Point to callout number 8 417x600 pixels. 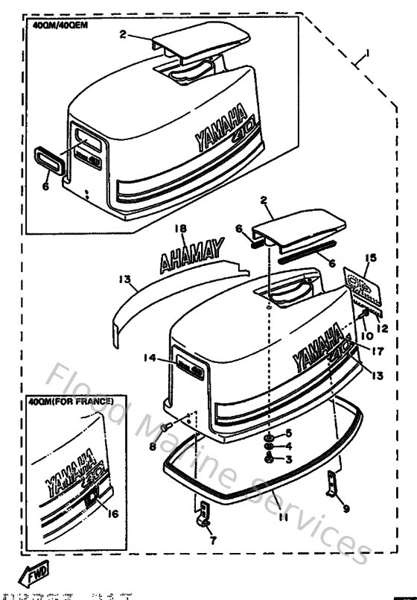click(153, 448)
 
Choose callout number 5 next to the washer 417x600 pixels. click(290, 433)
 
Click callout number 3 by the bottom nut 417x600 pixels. click(290, 460)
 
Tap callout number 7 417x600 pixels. click(213, 542)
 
